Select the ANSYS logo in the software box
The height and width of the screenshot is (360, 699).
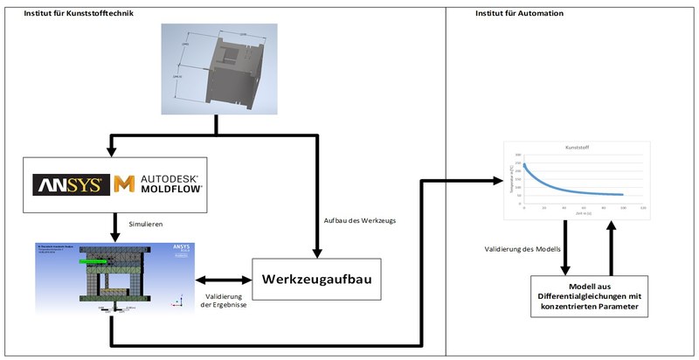tap(71, 184)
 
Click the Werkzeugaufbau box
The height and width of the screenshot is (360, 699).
tap(316, 280)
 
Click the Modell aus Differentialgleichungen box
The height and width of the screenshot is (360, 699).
tap(591, 295)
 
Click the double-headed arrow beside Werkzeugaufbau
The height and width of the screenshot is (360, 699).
tap(221, 280)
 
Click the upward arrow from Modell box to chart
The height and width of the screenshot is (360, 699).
tap(613, 246)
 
